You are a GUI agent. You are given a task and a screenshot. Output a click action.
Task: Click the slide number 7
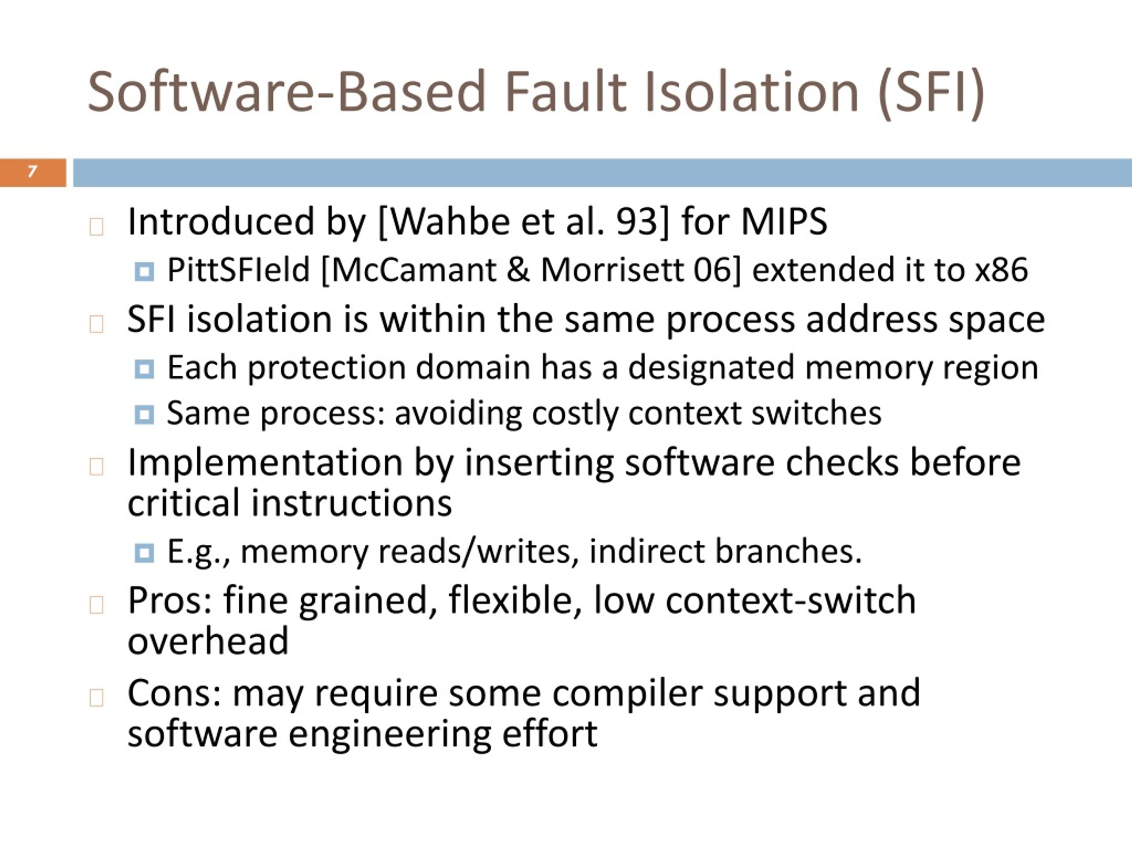[x=32, y=171]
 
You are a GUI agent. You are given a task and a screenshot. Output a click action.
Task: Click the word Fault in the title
[x=565, y=92]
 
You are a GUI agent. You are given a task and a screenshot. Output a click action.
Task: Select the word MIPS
[x=784, y=222]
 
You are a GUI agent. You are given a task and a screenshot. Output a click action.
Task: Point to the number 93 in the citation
[x=637, y=222]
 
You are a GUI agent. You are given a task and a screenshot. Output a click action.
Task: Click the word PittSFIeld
[x=238, y=270]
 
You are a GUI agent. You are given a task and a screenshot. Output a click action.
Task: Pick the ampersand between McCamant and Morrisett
[x=518, y=270]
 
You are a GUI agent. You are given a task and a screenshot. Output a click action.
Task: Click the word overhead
[x=208, y=641]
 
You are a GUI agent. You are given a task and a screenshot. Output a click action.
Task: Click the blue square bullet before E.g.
[x=144, y=553]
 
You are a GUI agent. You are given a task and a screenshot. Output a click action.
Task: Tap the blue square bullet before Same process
[x=144, y=414]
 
